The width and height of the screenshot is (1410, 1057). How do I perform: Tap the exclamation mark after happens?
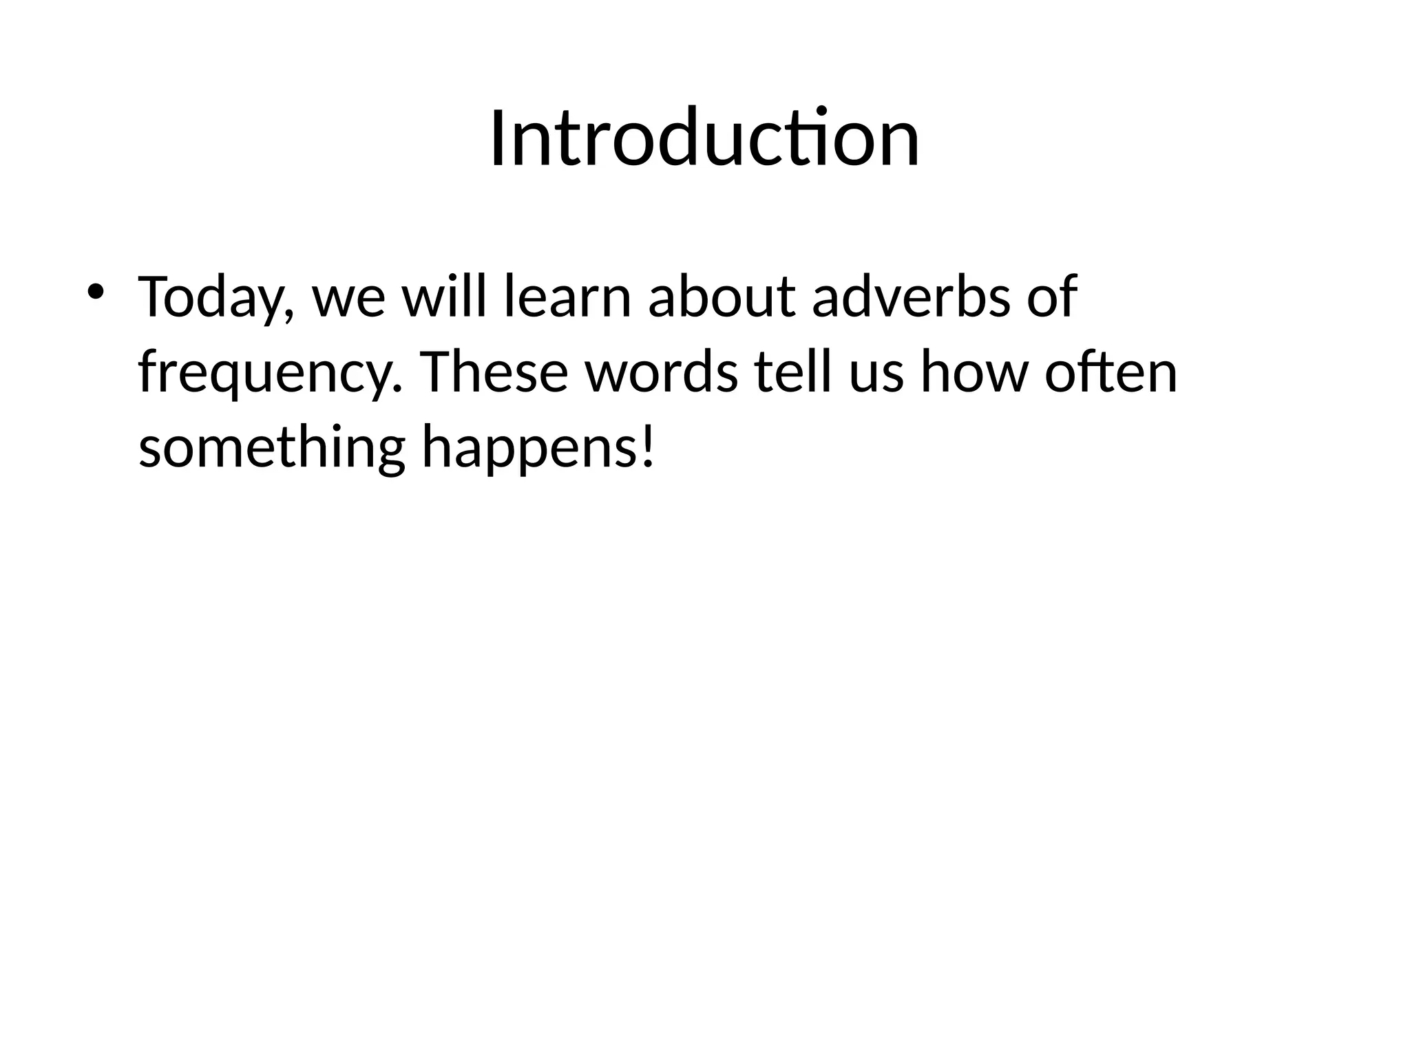coord(645,446)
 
